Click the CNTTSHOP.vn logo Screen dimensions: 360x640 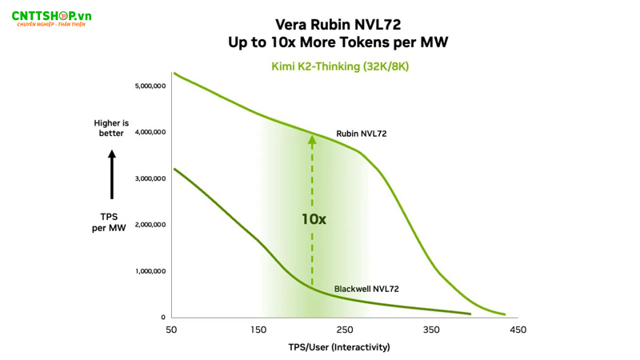[x=50, y=17]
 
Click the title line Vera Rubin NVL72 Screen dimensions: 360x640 [x=338, y=25]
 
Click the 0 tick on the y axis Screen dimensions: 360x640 [x=162, y=318]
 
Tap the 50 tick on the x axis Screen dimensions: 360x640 [x=171, y=330]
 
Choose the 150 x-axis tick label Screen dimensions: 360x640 [x=258, y=330]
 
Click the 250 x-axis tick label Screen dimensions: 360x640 [x=344, y=330]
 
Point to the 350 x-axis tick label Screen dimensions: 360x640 [x=431, y=330]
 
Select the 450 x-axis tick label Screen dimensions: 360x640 [x=518, y=330]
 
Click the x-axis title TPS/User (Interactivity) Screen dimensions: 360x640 [x=339, y=347]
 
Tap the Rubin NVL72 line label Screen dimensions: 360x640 [x=361, y=134]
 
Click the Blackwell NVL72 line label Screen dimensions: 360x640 [x=366, y=289]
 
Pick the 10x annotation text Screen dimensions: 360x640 [x=314, y=218]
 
